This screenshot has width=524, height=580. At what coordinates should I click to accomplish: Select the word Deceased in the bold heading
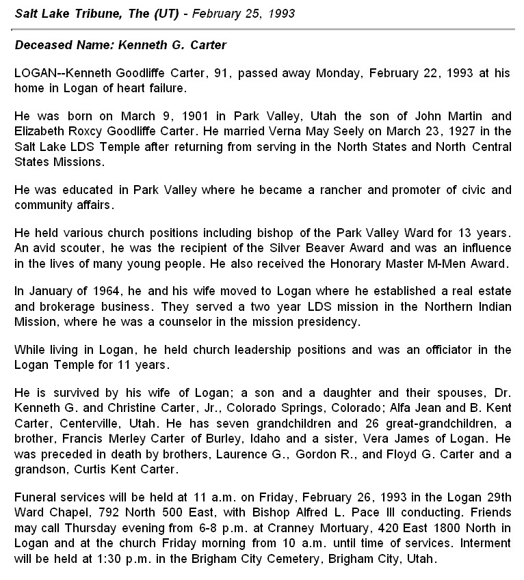(42, 45)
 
